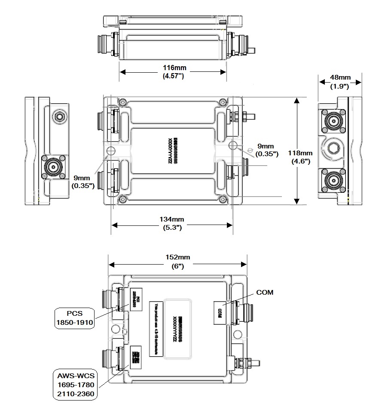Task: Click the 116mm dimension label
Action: [173, 68]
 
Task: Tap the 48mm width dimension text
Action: [340, 77]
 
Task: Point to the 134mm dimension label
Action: [172, 219]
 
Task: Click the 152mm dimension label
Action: [178, 257]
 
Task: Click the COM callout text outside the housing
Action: [265, 293]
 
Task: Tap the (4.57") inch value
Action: [173, 76]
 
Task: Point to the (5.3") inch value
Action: [172, 228]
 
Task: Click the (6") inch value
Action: [177, 266]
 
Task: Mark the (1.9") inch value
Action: [340, 86]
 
